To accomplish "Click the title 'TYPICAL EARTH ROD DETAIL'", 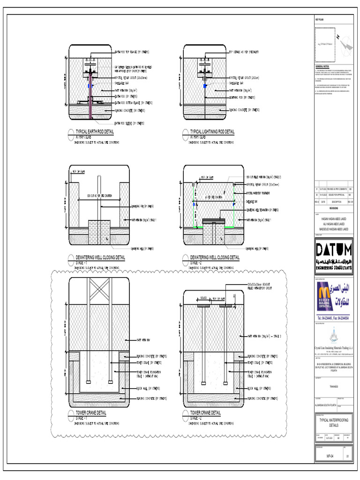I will click(x=95, y=132).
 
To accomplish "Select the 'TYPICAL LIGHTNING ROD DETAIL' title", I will click(x=212, y=132).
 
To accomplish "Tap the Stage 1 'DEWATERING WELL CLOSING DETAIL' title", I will click(x=100, y=257).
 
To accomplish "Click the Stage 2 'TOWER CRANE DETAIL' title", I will click(x=205, y=412).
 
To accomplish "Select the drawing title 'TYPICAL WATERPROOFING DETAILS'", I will click(x=333, y=423).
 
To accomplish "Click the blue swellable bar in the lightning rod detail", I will click(x=205, y=87).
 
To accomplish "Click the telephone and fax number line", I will click(x=333, y=318).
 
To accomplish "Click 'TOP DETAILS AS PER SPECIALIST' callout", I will click(x=244, y=52).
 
